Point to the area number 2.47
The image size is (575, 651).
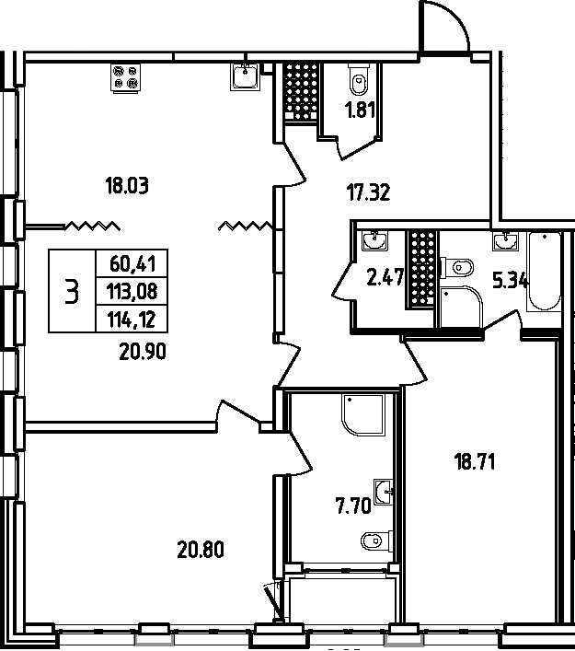[x=386, y=277]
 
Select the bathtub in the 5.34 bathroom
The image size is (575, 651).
[x=542, y=273]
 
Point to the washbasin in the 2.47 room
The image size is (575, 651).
[x=374, y=242]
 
